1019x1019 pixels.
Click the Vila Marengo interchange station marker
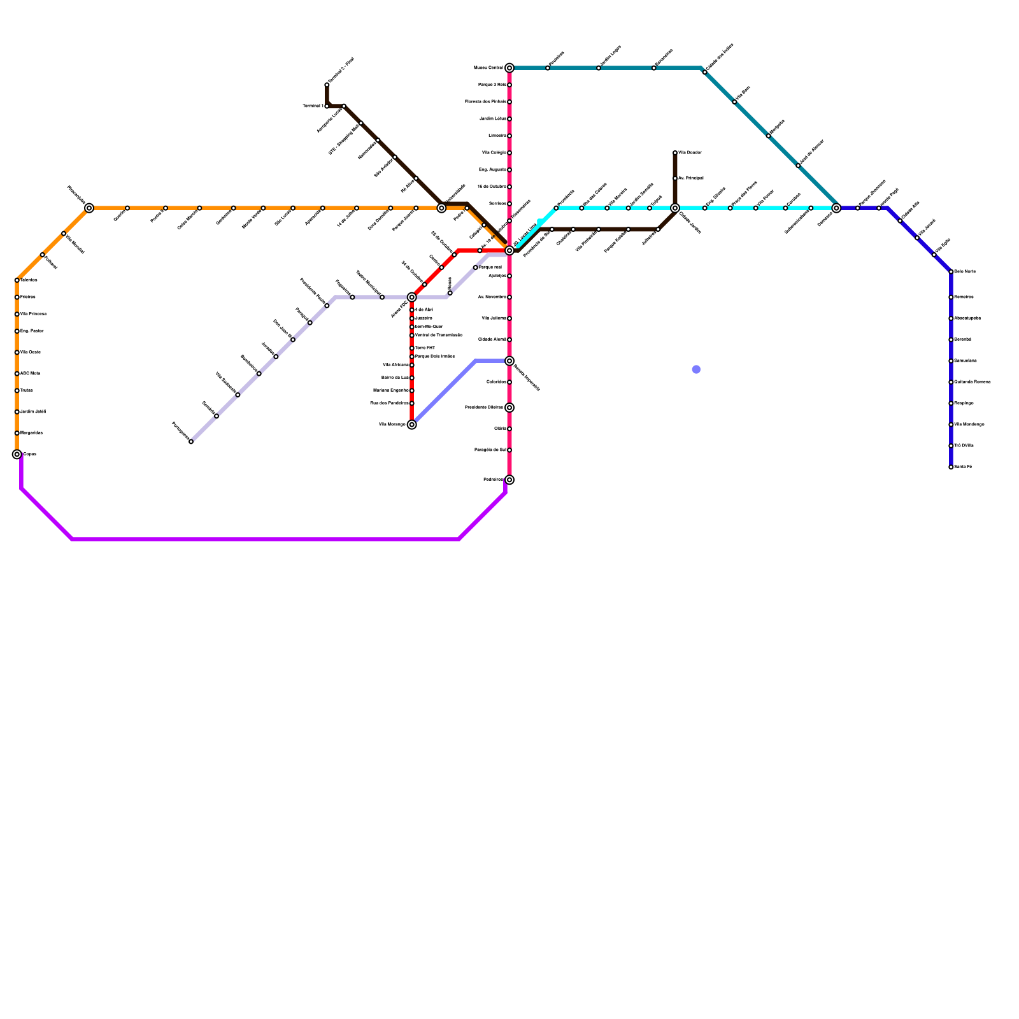coord(412,425)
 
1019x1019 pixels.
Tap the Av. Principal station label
coord(691,178)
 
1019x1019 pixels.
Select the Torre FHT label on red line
coord(425,348)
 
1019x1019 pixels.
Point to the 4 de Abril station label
coord(424,310)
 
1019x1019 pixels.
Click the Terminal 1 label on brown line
coord(312,106)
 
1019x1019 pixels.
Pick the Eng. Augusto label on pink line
coord(492,170)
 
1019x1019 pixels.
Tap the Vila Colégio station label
coord(494,153)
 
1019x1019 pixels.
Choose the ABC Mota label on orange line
coord(30,374)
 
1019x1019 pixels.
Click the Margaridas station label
coord(31,433)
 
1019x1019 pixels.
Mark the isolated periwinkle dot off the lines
coord(696,369)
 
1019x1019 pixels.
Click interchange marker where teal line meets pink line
coord(509,68)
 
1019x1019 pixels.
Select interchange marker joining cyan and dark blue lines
coord(836,208)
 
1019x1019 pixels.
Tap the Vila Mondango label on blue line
coord(969,425)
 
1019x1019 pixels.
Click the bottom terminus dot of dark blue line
coord(951,467)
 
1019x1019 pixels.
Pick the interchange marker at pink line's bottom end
coord(509,480)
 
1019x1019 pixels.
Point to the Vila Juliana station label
coord(494,318)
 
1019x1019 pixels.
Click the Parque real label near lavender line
coord(490,267)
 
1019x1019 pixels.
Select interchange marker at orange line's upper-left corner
coord(89,208)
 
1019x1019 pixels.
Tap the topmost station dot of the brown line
coord(327,85)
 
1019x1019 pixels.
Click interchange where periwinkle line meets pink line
coord(509,361)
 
